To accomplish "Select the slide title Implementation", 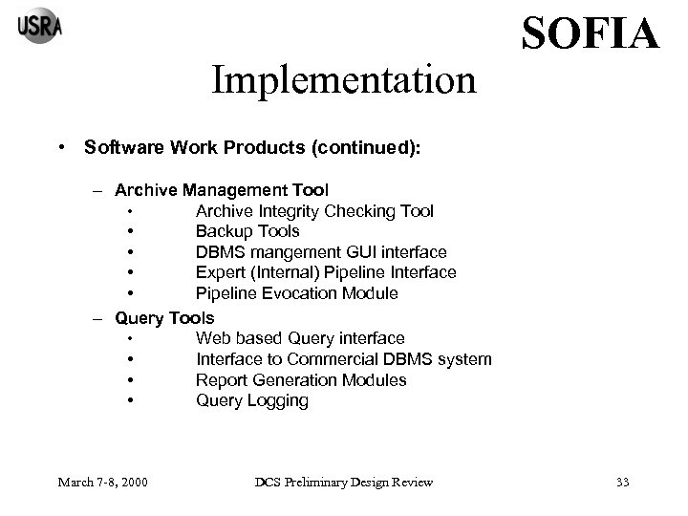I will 343,80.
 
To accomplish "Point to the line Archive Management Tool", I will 222,190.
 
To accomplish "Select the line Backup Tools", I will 247,231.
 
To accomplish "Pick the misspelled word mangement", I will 290,252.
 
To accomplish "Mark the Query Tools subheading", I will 164,316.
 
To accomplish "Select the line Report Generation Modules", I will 301,379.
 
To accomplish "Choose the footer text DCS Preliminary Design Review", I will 343,481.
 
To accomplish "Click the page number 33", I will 623,481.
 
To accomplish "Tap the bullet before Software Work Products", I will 60,148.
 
